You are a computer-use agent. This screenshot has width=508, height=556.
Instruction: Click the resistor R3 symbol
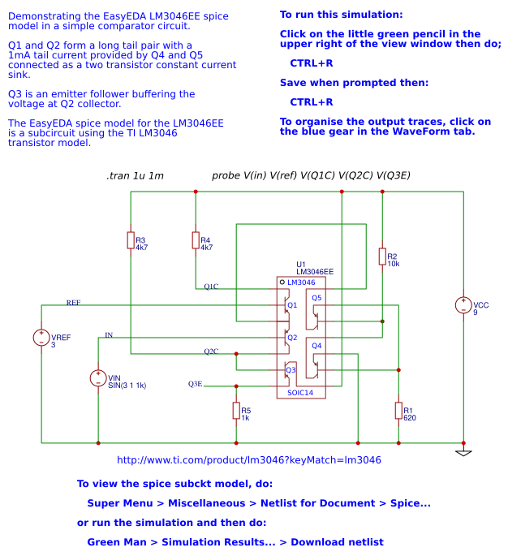pyautogui.click(x=131, y=240)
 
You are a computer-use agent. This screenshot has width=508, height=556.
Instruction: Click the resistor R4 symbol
pyautogui.click(x=196, y=240)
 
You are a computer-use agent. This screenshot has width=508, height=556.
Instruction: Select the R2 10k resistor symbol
pyautogui.click(x=382, y=256)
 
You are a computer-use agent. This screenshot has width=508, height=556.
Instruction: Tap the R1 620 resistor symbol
pyautogui.click(x=398, y=411)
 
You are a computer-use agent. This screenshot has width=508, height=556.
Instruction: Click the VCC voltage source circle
pyautogui.click(x=463, y=305)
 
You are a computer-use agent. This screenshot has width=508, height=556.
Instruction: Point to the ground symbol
pyautogui.click(x=463, y=451)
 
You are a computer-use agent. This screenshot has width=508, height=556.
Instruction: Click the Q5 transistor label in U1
pyautogui.click(x=316, y=298)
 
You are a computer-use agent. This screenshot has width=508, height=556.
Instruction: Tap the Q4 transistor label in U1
pyautogui.click(x=316, y=346)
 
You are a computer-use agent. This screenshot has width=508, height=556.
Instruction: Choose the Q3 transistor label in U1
pyautogui.click(x=291, y=369)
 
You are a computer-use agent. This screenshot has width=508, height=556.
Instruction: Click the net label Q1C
pyautogui.click(x=211, y=287)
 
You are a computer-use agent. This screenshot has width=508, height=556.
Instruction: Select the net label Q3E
pyautogui.click(x=196, y=384)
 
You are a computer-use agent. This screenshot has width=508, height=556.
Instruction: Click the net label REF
pyautogui.click(x=73, y=302)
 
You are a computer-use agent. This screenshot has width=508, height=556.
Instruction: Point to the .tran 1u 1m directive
pyautogui.click(x=135, y=176)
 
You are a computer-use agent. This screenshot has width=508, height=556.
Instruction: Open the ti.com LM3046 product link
pyautogui.click(x=249, y=460)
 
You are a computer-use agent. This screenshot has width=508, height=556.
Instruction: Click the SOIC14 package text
pyautogui.click(x=299, y=393)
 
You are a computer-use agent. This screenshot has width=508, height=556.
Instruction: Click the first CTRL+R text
pyautogui.click(x=312, y=62)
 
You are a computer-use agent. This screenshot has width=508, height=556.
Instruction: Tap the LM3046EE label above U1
pyautogui.click(x=315, y=272)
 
